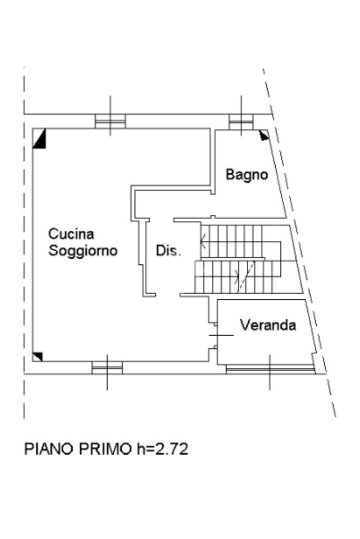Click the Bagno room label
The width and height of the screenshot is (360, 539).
click(247, 174)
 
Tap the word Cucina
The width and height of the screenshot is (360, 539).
click(71, 233)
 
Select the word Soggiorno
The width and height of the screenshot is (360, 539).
click(83, 250)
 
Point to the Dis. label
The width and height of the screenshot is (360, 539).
click(168, 251)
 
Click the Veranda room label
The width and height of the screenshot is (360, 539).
click(268, 325)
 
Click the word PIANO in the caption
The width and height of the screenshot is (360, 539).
click(49, 449)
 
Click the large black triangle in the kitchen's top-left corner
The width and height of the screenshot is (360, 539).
click(38, 140)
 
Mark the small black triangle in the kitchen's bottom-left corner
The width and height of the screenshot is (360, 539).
click(37, 357)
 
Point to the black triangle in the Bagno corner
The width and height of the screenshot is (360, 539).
click(264, 135)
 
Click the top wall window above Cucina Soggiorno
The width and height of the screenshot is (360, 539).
click(110, 121)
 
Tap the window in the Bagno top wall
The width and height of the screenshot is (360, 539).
click(241, 122)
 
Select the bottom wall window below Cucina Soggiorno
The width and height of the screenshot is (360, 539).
click(107, 367)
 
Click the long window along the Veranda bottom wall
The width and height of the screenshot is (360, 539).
click(270, 369)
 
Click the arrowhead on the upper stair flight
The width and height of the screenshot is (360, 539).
click(203, 243)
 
